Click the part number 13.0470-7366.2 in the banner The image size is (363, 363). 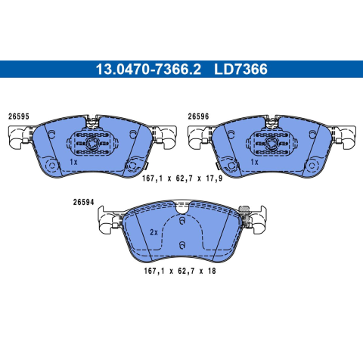148,70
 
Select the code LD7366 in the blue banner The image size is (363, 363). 240,70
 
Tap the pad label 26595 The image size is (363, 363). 19,116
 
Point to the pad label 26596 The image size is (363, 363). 198,116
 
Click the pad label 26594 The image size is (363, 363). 83,202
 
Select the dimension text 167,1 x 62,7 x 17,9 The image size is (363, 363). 182,178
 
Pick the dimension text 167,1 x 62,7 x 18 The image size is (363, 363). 180,271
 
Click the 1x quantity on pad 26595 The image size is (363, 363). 73,162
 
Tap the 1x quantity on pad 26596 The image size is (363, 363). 255,162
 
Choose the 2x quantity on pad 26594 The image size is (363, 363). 154,232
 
